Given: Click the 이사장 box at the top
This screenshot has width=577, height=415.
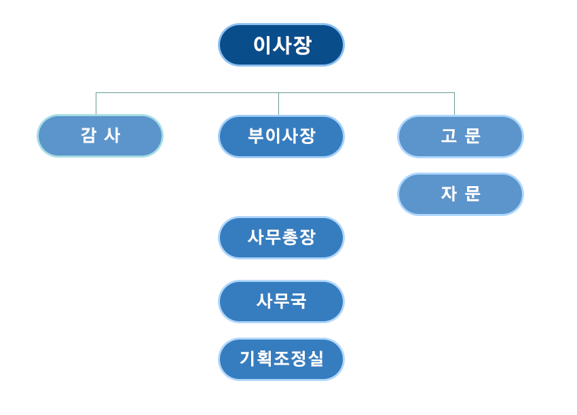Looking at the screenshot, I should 281,45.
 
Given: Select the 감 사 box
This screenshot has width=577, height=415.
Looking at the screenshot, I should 100,136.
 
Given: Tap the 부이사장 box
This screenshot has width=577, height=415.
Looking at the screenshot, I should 281,136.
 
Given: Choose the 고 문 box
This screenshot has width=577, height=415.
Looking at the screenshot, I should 460,136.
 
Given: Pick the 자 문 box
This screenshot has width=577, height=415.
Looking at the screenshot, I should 460,194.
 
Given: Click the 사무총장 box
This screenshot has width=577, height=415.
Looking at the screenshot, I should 281,238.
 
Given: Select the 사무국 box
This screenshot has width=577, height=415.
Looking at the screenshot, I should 281,301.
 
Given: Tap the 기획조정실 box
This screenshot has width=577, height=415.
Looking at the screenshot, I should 281,359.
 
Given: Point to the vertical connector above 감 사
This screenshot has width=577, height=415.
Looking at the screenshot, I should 96,103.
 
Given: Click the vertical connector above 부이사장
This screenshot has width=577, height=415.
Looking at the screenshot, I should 278,103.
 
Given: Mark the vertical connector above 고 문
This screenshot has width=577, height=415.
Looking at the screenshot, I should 454,103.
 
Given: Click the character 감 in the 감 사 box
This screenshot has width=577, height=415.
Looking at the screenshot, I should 88,136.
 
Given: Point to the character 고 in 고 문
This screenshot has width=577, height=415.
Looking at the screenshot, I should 449,136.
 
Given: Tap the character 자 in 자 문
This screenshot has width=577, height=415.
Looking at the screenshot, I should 449,194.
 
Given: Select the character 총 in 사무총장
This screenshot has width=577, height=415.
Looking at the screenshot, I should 290,238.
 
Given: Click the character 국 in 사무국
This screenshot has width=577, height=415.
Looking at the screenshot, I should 299,301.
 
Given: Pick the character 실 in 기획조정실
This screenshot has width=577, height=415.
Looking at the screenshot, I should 316,359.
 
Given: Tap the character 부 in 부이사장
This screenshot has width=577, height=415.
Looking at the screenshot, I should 256,136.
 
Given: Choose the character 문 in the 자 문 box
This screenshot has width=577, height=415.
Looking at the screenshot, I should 472,194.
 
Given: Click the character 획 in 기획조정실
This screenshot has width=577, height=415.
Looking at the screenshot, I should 264,359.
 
